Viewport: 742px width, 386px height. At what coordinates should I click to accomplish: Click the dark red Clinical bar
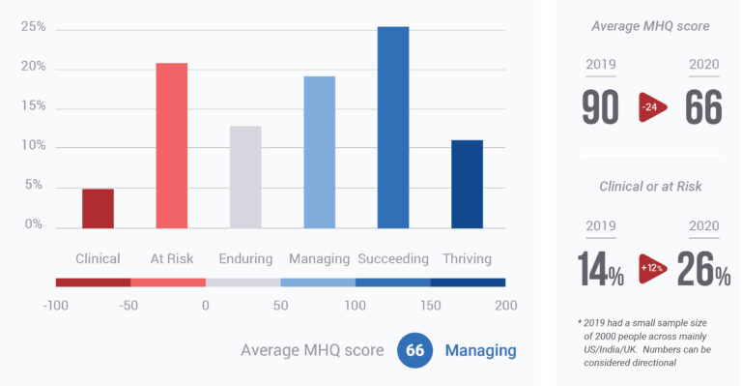pos(98,208)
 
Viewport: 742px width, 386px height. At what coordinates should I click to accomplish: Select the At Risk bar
pos(172,145)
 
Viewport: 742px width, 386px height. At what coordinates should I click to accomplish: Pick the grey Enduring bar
pos(245,177)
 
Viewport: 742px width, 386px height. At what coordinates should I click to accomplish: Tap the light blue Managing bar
pos(320,152)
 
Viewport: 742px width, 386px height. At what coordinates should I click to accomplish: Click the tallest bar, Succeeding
pos(393,127)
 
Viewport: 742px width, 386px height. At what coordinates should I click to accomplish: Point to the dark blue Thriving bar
pos(467,184)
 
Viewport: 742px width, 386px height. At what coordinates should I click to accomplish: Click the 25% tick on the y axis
pos(34,28)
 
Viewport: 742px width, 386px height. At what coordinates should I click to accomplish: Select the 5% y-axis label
pos(34,185)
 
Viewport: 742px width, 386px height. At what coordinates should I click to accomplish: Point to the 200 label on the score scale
pos(504,306)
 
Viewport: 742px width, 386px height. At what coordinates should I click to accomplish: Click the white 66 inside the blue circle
pos(415,350)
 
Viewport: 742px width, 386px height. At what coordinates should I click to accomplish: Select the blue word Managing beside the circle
pos(480,350)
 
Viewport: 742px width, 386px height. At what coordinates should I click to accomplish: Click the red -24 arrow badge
pos(652,108)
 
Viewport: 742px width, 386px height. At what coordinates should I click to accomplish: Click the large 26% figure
pos(703,269)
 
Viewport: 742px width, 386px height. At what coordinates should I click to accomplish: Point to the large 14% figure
pos(600,269)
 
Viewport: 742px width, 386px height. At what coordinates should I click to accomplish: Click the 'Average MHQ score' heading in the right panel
pos(650,26)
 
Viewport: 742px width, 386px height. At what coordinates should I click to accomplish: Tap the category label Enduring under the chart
pos(245,258)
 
